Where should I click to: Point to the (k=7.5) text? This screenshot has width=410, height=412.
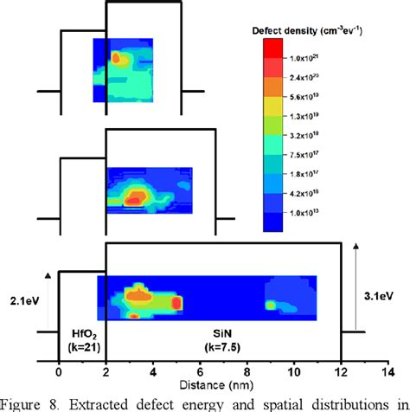pyautogui.click(x=225, y=347)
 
